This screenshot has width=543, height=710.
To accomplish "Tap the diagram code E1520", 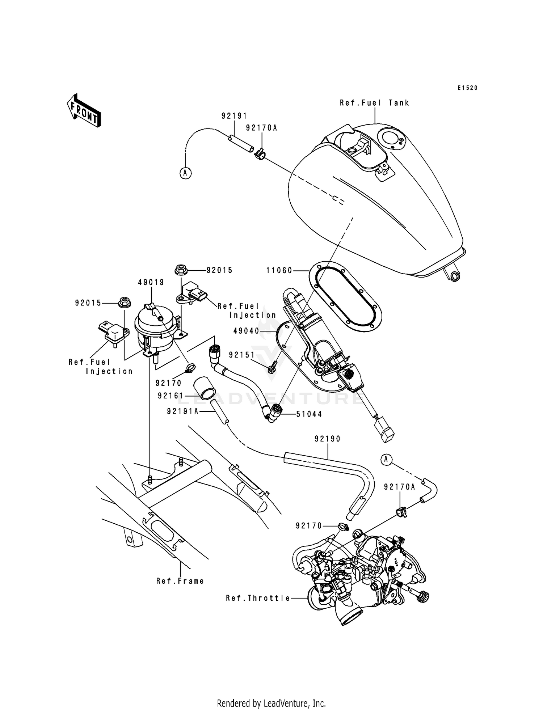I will pyautogui.click(x=467, y=88).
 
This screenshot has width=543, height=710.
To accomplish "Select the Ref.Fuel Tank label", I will pyautogui.click(x=374, y=103).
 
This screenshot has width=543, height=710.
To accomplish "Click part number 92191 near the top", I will pyautogui.click(x=234, y=116).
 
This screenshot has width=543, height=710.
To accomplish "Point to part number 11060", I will pyautogui.click(x=279, y=270).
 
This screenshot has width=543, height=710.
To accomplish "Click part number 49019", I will pyautogui.click(x=151, y=282).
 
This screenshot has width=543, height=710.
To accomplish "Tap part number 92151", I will pyautogui.click(x=242, y=355).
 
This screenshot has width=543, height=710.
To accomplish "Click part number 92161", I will pyautogui.click(x=171, y=396).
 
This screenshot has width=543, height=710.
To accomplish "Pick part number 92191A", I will pyautogui.click(x=183, y=411).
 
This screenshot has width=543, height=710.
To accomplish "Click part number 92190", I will pyautogui.click(x=328, y=439).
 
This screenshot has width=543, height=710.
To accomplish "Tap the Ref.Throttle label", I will pyautogui.click(x=258, y=598).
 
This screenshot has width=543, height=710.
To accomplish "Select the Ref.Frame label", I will pyautogui.click(x=180, y=581).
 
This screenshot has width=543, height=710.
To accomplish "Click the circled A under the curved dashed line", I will pyautogui.click(x=185, y=173).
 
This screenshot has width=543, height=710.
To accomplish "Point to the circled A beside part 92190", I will pyautogui.click(x=386, y=460).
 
